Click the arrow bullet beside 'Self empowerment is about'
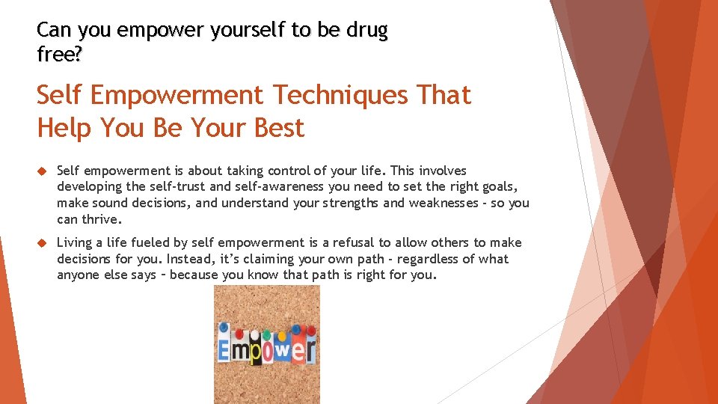point(42,171)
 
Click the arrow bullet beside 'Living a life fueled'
point(42,243)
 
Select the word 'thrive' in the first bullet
point(100,220)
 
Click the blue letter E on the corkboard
point(224,350)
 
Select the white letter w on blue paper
point(283,349)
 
